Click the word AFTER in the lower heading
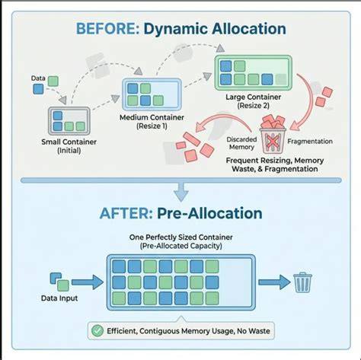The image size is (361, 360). tap(126, 213)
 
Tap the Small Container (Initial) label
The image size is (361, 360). tap(69, 146)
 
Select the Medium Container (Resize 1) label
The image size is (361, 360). tap(152, 122)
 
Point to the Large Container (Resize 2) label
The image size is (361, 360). tap(254, 101)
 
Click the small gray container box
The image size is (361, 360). tap(69, 121)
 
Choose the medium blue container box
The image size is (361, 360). tap(152, 94)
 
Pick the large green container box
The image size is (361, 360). tap(254, 73)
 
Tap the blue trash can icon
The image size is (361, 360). tap(302, 282)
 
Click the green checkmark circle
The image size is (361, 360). tap(97, 331)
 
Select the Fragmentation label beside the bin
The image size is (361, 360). tap(310, 142)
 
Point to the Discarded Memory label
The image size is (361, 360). tap(241, 143)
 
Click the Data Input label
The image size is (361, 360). tap(59, 298)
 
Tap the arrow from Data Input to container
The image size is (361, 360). tap(88, 282)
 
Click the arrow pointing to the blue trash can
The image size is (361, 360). tap(274, 282)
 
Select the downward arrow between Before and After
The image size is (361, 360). tap(181, 193)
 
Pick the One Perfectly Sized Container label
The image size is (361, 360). tap(180, 237)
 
